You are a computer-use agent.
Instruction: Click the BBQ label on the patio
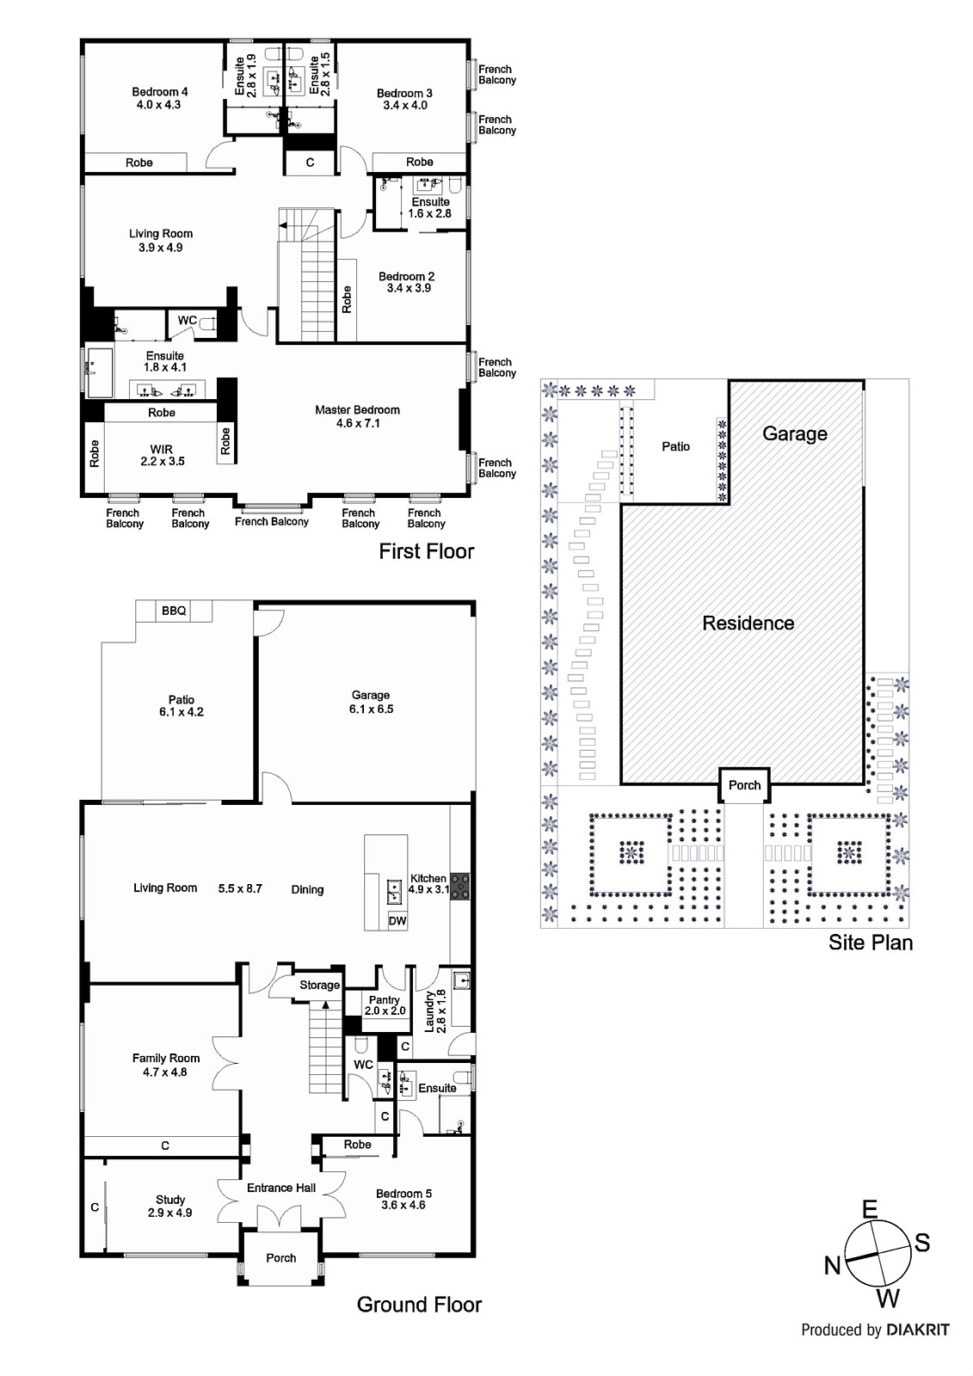173,611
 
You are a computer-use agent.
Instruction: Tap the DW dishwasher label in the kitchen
397,921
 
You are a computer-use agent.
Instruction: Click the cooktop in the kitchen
459,887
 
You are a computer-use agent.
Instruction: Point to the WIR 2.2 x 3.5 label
163,455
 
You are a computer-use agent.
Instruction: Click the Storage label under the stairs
320,986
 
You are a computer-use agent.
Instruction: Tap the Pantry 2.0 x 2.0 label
385,1005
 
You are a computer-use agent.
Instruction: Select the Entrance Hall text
281,1188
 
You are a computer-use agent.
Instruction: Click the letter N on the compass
832,1265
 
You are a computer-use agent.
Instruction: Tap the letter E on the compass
870,1209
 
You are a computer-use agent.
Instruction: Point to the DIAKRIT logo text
918,1330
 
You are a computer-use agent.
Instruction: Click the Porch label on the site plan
744,785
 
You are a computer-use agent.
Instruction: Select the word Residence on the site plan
748,623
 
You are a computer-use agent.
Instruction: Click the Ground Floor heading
419,1305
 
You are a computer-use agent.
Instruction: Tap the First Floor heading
427,551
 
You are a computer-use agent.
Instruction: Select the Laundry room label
434,1011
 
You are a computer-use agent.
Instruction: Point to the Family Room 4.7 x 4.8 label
165,1066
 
